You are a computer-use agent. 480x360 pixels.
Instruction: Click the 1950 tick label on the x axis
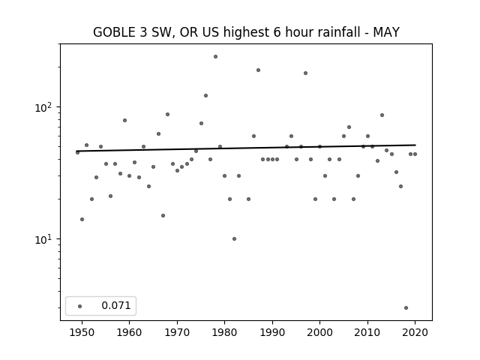(x=82, y=332)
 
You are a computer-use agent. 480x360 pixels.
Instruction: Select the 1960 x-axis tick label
(x=129, y=332)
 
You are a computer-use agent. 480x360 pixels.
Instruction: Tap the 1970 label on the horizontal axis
(x=177, y=332)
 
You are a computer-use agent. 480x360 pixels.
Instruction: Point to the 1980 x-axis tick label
(x=224, y=332)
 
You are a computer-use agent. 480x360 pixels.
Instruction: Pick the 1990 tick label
(x=272, y=332)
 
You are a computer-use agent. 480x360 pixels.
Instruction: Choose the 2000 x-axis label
(x=319, y=332)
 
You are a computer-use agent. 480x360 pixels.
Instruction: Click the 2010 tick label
(x=367, y=332)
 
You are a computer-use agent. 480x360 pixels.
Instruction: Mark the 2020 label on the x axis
(x=415, y=332)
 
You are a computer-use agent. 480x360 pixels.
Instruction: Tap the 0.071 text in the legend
(x=116, y=305)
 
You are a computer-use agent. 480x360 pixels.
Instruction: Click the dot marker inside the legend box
(x=80, y=306)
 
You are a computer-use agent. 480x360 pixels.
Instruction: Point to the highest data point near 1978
(x=215, y=57)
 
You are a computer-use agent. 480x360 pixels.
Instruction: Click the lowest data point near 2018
(x=406, y=308)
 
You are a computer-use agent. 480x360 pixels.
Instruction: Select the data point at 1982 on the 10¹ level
(x=234, y=238)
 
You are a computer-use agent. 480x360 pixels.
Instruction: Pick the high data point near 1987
(x=258, y=70)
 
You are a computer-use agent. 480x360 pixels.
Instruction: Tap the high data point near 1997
(x=305, y=73)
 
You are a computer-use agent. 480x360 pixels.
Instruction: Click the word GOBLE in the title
(x=114, y=32)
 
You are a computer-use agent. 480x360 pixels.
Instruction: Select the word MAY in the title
(x=386, y=32)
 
